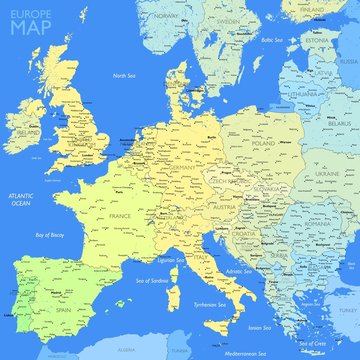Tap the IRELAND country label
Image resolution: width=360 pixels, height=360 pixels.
click(26, 131)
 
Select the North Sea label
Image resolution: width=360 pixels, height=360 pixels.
click(125, 76)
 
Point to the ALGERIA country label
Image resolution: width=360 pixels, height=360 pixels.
click(126, 352)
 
